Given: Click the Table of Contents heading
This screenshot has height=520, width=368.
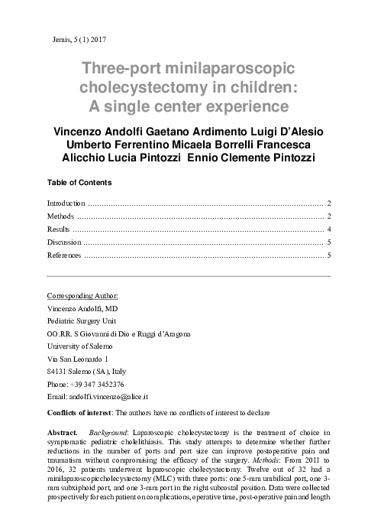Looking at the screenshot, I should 79,183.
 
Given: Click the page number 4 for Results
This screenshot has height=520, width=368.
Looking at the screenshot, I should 328,229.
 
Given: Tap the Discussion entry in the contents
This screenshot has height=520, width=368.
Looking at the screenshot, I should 63,242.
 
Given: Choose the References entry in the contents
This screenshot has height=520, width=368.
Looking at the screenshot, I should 64,255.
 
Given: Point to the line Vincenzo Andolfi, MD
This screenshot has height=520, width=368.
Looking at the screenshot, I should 84,307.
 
